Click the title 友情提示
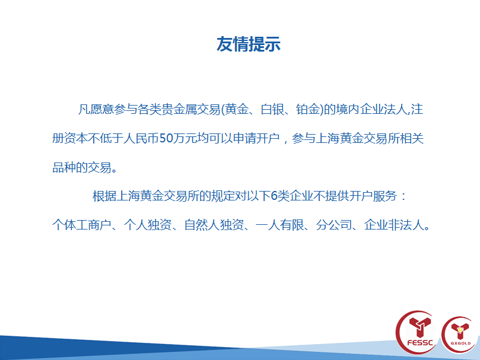pos(248,44)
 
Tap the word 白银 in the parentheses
pos(272,109)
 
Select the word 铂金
pos(308,109)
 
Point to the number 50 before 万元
pos(166,138)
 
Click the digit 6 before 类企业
pos(274,196)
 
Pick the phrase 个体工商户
pos(82,225)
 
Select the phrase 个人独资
pos(148,225)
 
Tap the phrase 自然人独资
pos(214,225)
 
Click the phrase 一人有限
pos(280,225)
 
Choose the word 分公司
pos(333,225)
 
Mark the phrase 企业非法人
pos(394,225)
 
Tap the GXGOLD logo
pos(460,334)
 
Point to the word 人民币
pos(141,138)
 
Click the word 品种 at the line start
pos(64,167)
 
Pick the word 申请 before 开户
pos(244,138)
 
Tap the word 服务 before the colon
pos(384,196)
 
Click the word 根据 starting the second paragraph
pos(104,196)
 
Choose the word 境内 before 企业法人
pos(348,109)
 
